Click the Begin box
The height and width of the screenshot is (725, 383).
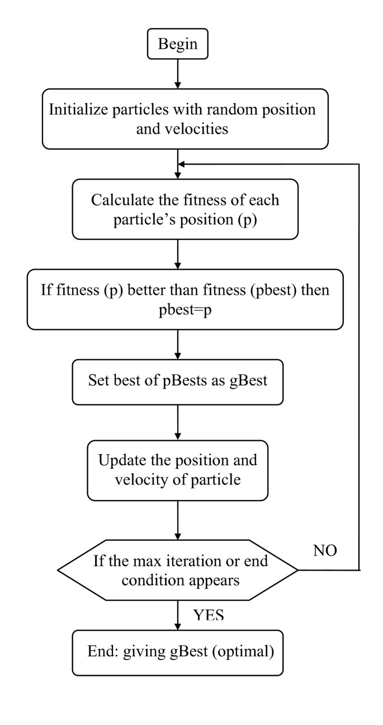tap(178, 44)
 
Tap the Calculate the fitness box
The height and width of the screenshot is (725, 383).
tap(178, 209)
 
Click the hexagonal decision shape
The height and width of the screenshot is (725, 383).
tap(178, 570)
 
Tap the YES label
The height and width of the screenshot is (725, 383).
tap(209, 616)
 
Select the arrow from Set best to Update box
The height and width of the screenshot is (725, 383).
tap(178, 423)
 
